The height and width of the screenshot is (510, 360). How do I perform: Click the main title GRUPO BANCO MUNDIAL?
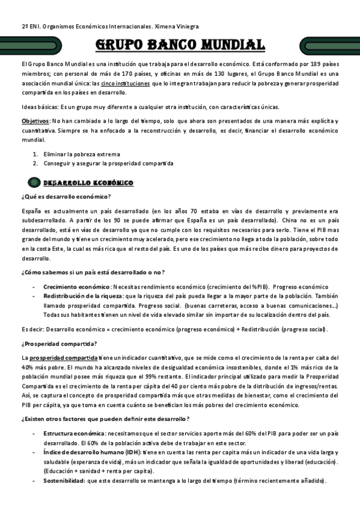[180, 45]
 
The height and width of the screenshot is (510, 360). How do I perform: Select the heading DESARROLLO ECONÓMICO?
[88, 182]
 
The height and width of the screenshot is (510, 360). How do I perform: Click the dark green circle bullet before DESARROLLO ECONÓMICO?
[34, 182]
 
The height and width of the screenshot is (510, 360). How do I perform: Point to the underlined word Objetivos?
[35, 121]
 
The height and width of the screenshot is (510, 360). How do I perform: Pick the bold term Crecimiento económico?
[76, 287]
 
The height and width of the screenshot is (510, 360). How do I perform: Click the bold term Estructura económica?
[73, 433]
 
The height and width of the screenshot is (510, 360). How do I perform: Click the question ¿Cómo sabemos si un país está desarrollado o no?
[93, 272]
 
